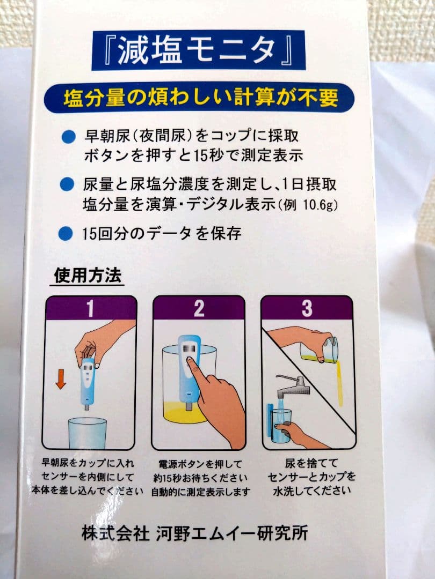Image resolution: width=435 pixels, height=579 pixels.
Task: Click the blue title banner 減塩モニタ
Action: tap(198, 50)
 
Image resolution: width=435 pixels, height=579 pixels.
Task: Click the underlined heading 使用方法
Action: tap(89, 276)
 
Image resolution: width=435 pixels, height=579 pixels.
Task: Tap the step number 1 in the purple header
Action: tap(90, 309)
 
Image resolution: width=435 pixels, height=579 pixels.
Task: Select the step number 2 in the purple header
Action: tap(199, 309)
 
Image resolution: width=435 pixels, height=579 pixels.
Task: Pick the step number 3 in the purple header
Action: tap(307, 309)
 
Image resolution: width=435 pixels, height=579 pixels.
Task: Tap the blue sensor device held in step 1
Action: tap(88, 381)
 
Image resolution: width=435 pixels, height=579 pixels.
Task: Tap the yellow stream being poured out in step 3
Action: tap(338, 383)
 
